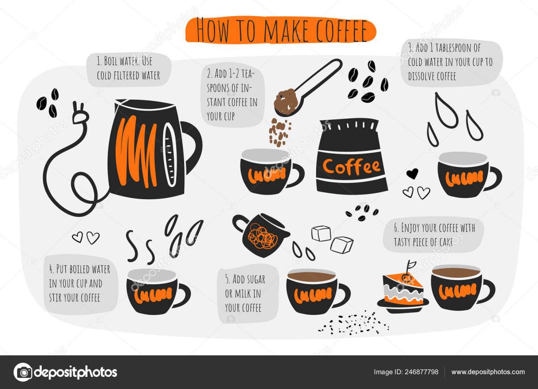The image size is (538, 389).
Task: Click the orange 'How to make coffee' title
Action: [281, 31]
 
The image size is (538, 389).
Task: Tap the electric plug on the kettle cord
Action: [79, 113]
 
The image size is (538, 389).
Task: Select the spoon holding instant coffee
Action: [307, 88]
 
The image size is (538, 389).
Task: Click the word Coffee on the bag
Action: [351, 166]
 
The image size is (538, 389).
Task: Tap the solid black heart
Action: [412, 173]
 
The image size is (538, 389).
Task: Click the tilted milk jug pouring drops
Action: [260, 234]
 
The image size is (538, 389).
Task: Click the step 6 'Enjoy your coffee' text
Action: [434, 235]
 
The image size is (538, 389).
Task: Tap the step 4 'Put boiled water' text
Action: [80, 283]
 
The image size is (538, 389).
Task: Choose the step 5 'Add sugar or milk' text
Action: [245, 293]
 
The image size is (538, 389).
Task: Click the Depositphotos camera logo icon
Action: [23, 372]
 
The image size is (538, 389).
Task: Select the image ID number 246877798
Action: [421, 372]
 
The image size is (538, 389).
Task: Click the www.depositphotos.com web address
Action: [488, 372]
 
